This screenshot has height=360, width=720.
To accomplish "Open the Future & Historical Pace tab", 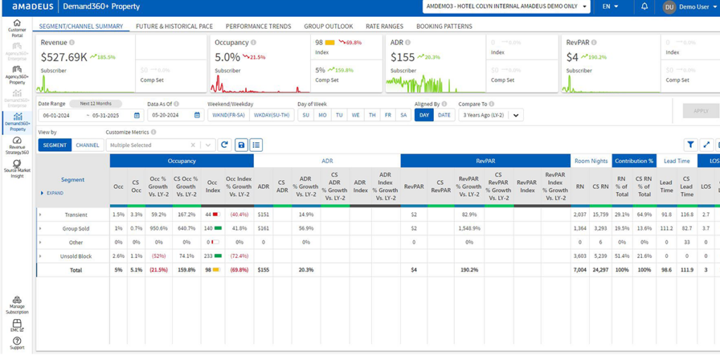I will (x=174, y=26).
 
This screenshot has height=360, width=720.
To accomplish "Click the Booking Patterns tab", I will (x=444, y=26).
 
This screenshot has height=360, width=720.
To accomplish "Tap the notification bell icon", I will (x=645, y=7).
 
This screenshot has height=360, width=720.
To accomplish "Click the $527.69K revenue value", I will (x=63, y=57).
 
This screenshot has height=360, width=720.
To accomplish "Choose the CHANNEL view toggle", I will (x=87, y=145).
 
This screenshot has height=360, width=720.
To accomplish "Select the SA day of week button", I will (x=404, y=115).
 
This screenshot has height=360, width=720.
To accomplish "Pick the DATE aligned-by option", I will (x=444, y=115).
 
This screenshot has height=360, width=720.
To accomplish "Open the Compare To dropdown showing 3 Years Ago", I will (x=490, y=115).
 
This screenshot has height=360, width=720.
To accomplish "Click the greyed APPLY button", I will (x=700, y=111).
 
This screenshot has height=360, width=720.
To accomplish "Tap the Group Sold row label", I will (x=76, y=229).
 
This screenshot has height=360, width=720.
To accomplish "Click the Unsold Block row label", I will (x=76, y=256).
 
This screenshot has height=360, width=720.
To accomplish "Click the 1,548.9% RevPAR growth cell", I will (x=468, y=229).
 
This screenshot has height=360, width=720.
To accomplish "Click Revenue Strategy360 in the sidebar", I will (x=17, y=148).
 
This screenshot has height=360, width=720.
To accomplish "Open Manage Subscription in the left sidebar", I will (x=17, y=304).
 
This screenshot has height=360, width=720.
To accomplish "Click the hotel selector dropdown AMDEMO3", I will (x=506, y=7).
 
